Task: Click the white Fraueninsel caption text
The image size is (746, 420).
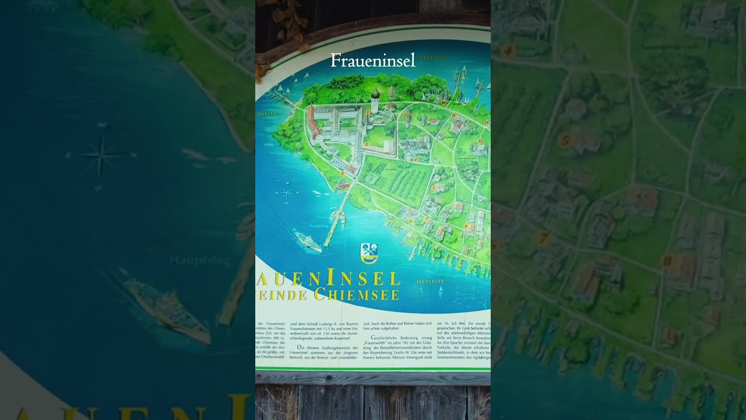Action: point(373,61)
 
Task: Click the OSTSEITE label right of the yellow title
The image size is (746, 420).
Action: point(430,282)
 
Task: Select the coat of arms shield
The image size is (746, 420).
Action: point(369,253)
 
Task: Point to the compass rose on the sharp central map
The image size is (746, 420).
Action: point(287,192)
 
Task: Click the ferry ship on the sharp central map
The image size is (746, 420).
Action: point(307,241)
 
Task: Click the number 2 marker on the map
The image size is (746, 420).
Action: point(342,173)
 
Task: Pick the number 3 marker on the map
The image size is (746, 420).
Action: point(367,144)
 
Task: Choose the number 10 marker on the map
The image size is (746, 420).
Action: point(444,102)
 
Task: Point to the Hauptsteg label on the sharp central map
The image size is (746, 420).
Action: point(318,226)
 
